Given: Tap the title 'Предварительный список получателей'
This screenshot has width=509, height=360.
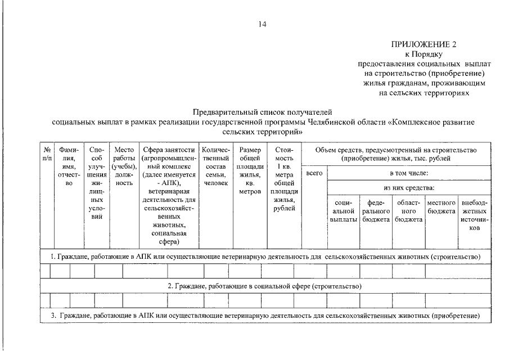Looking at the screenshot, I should [263, 112].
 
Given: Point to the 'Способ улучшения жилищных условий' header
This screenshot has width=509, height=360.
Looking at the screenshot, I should [97, 183].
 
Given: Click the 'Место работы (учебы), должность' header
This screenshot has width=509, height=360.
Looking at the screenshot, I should [123, 166].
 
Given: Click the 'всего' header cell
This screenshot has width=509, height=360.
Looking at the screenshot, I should [314, 173].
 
